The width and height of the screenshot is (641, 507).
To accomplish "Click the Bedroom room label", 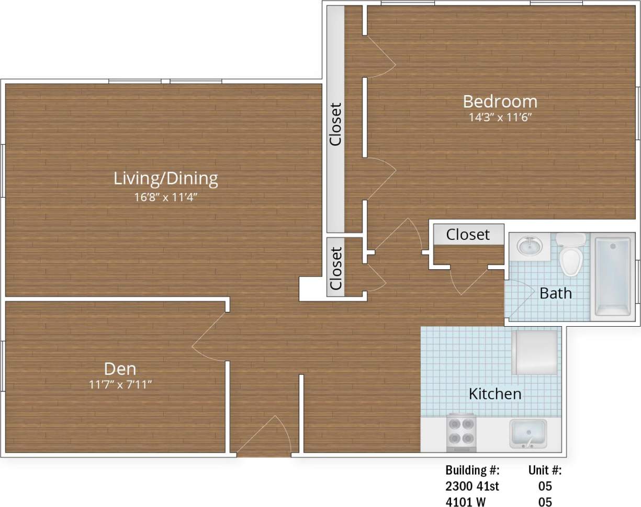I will click(x=500, y=101).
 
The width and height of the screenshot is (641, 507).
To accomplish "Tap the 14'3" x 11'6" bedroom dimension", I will click(x=500, y=117).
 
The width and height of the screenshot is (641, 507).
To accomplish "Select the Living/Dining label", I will click(x=165, y=179).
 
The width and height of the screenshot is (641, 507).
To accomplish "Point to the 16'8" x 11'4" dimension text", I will click(x=165, y=197).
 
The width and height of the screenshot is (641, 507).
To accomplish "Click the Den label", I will click(x=120, y=369).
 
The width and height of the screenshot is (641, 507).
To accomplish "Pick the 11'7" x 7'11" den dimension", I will click(x=120, y=385).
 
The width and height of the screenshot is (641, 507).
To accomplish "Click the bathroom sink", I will click(x=530, y=245).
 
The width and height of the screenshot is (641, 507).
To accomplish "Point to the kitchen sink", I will click(x=528, y=433).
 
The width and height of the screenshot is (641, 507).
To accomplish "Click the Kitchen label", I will click(x=494, y=394).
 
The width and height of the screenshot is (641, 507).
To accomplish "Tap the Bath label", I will click(x=555, y=293).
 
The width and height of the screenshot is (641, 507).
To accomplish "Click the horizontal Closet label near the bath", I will click(x=468, y=235).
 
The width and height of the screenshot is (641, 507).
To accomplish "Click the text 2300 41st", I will click(x=472, y=486).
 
